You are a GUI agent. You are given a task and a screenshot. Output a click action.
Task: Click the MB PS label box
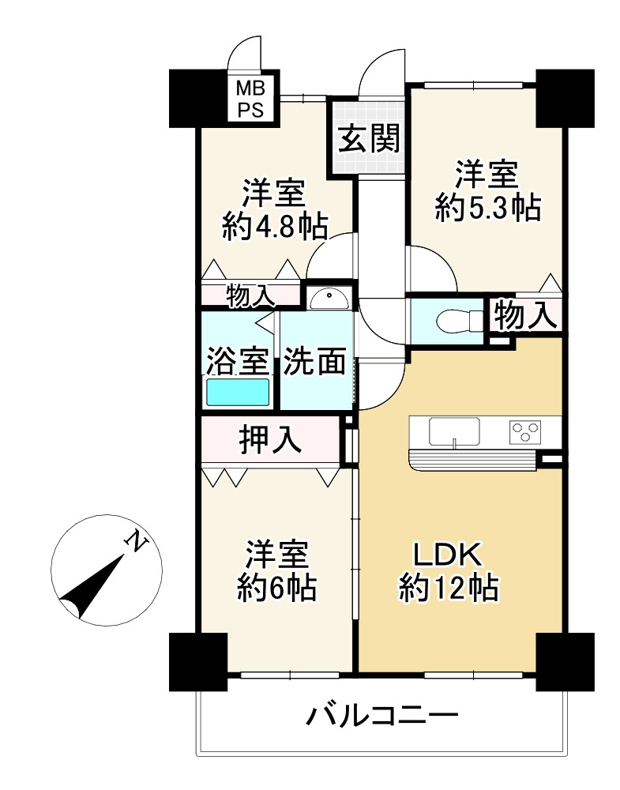coord(250,99)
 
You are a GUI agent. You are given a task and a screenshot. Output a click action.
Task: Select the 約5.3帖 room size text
coord(488,208)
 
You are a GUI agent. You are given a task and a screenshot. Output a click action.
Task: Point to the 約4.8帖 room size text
coord(275,228)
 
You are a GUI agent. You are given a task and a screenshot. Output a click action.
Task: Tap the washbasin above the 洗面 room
coord(329,299)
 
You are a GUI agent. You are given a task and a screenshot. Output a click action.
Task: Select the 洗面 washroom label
coord(314,361)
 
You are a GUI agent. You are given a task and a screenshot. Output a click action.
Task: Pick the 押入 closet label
coord(270,438)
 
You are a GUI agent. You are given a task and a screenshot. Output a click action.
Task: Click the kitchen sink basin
coord(454,432)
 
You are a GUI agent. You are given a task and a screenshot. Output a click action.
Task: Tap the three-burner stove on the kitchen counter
coord(524,432)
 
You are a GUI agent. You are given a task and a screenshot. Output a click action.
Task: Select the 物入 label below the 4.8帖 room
coord(250,295)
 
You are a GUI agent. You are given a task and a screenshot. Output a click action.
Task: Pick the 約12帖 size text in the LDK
coord(449,588)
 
